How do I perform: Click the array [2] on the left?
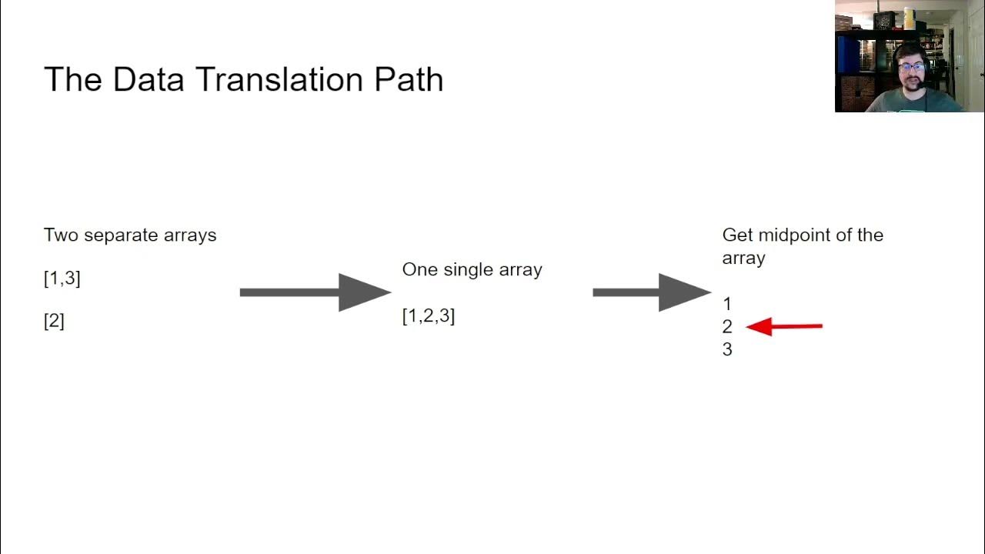[x=54, y=321]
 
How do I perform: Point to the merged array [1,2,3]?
[x=429, y=315]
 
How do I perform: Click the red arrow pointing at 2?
[x=783, y=326]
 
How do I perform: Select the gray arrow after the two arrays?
[x=315, y=292]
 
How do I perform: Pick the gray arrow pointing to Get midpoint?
[x=652, y=292]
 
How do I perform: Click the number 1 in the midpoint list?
[x=727, y=304]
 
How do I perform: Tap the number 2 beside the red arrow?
[x=727, y=326]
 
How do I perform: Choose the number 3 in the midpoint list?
[x=727, y=349]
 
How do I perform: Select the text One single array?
[x=472, y=269]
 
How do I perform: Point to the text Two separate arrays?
[x=130, y=235]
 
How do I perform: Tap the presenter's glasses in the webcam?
[x=912, y=68]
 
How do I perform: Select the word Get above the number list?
[x=737, y=235]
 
